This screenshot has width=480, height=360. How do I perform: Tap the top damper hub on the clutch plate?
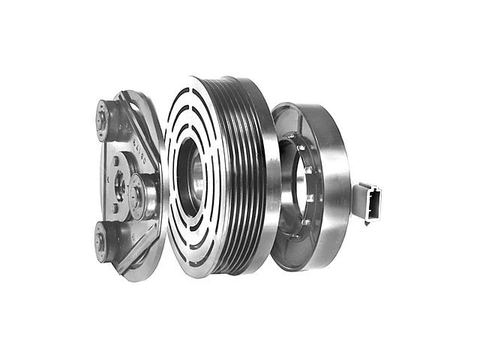(103, 115)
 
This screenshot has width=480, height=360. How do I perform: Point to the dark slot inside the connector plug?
(373, 201)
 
